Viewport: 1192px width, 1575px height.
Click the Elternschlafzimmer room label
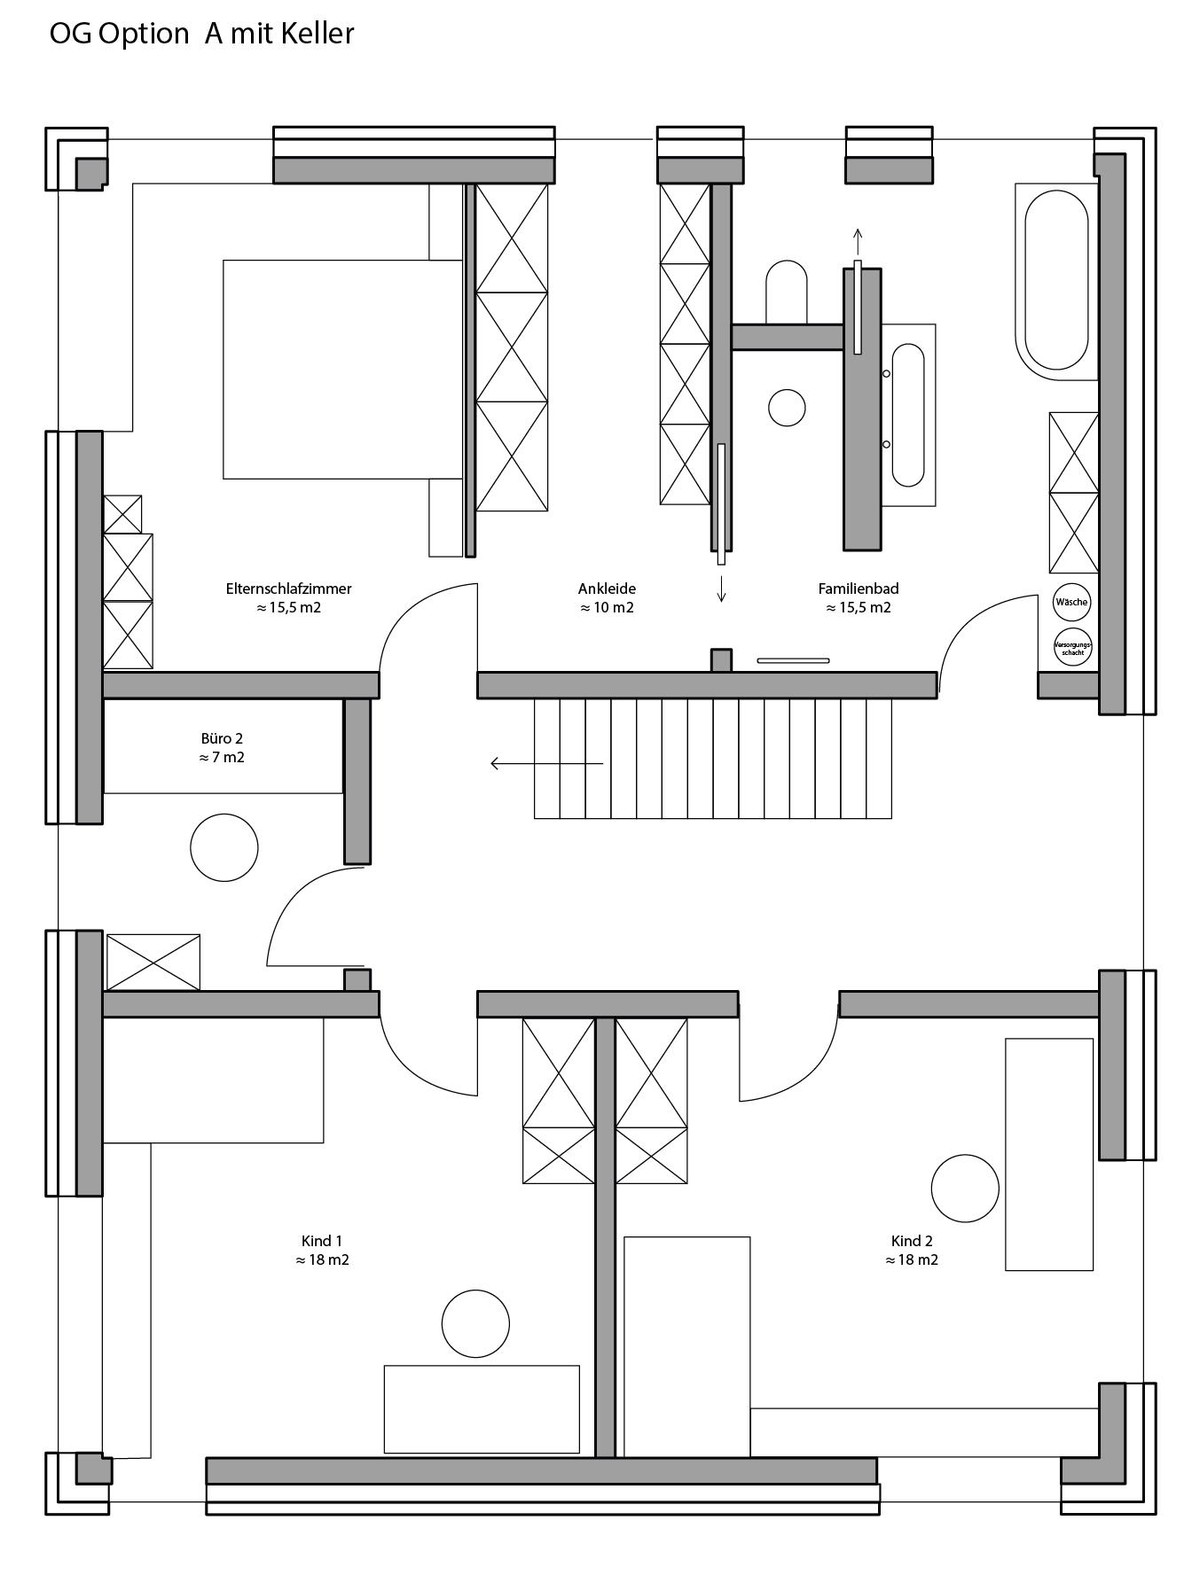pyautogui.click(x=288, y=589)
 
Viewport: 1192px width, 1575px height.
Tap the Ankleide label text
pyautogui.click(x=607, y=589)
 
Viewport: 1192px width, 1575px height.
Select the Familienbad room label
pyautogui.click(x=859, y=589)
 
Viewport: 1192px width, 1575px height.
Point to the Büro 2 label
pyautogui.click(x=222, y=738)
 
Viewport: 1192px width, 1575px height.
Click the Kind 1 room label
pyautogui.click(x=322, y=1241)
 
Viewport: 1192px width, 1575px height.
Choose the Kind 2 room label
pyautogui.click(x=912, y=1241)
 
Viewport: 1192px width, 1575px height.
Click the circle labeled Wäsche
pyautogui.click(x=1071, y=603)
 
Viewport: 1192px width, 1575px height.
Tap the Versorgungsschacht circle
pyautogui.click(x=1072, y=647)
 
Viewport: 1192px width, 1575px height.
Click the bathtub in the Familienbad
pyautogui.click(x=1056, y=281)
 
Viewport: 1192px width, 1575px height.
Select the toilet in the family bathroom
pyautogui.click(x=786, y=292)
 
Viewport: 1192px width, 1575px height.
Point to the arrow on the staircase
pyautogui.click(x=547, y=763)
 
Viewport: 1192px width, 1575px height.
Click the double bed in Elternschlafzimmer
pyautogui.click(x=343, y=370)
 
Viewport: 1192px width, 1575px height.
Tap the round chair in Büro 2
pyautogui.click(x=224, y=847)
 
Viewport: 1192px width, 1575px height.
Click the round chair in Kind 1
pyautogui.click(x=475, y=1324)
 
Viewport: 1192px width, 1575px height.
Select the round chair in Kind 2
pyautogui.click(x=965, y=1189)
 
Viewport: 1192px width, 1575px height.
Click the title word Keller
pyautogui.click(x=318, y=34)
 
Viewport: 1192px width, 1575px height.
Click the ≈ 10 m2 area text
pyautogui.click(x=607, y=608)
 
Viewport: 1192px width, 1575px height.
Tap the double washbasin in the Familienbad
pyautogui.click(x=908, y=415)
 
